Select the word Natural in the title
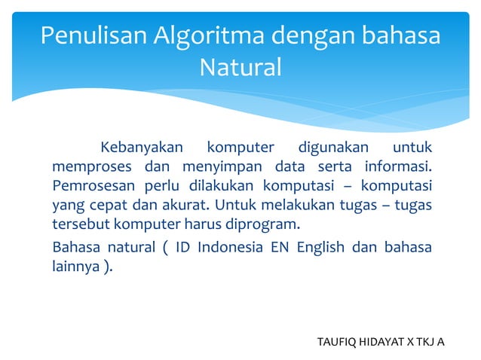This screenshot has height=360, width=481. point(240,68)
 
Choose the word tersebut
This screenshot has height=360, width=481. point(80,224)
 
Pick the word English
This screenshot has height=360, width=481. point(320,246)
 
